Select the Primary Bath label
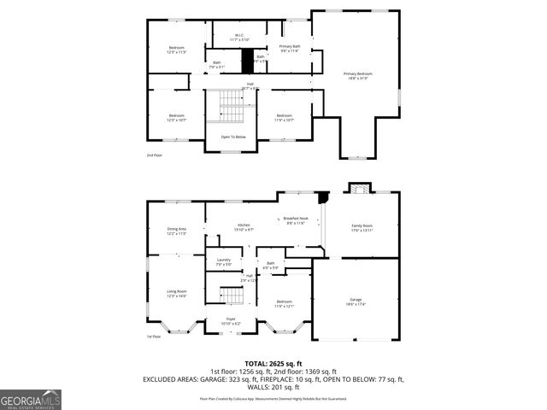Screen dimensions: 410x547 [x=290, y=48]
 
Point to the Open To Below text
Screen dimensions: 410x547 [x=233, y=137]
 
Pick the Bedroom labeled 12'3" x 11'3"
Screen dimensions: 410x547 [x=176, y=50]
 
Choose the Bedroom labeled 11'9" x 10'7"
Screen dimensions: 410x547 [x=284, y=118]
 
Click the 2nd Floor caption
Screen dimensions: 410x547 [x=155, y=155]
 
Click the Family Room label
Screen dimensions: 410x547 [x=362, y=227]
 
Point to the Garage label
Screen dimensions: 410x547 [x=356, y=302]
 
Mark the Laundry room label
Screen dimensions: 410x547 [x=224, y=262]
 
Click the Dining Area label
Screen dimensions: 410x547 [x=176, y=231]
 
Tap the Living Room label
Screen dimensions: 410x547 [x=176, y=294]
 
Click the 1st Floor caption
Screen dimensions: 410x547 [x=154, y=337]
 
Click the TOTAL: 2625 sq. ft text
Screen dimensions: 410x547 [x=273, y=364]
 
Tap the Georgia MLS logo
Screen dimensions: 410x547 [x=31, y=400]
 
